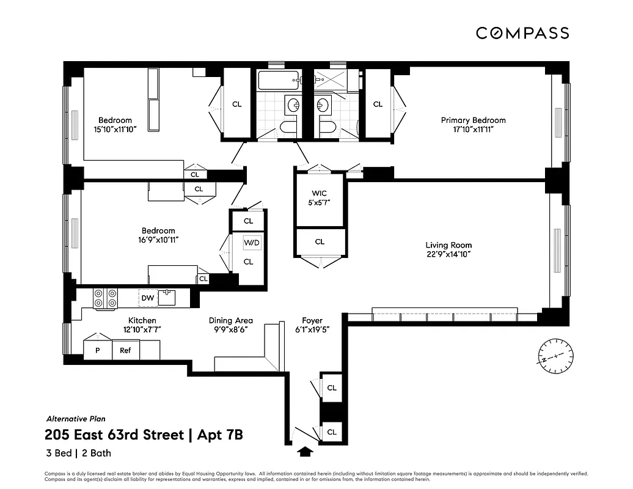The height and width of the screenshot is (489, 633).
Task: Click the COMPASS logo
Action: [x=522, y=33]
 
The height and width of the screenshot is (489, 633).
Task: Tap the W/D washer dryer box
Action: [x=252, y=243]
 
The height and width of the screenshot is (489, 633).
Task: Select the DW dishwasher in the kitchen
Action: [x=147, y=298]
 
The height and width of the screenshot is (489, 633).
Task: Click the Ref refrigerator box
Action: [x=125, y=350]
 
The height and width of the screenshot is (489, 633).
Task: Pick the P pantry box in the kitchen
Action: [x=97, y=350]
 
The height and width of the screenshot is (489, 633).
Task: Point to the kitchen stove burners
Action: [x=105, y=298]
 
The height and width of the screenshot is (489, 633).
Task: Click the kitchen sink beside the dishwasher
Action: [x=167, y=298]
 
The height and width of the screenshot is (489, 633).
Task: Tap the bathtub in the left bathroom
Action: [x=279, y=79]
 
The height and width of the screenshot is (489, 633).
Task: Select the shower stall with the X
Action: [x=330, y=79]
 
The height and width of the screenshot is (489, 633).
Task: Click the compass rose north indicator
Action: [x=556, y=355]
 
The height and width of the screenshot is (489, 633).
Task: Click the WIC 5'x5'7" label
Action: [x=320, y=198]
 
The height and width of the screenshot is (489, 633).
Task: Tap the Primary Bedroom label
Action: [x=473, y=120]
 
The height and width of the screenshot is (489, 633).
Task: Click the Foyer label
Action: [x=312, y=320]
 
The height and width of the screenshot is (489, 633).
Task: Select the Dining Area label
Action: [x=230, y=320]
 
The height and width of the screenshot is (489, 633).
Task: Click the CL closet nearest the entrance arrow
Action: [x=332, y=432]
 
